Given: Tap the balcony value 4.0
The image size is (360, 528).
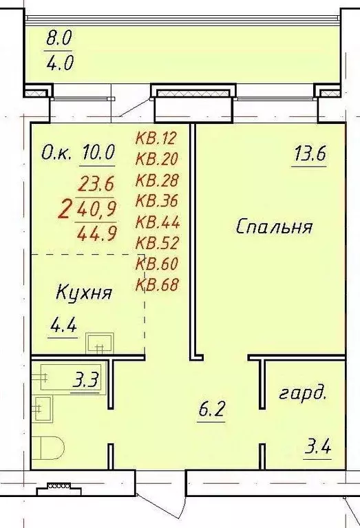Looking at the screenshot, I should coord(60,64).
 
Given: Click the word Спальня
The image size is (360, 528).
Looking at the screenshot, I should coord(274,226).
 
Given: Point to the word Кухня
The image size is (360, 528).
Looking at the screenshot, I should coord(83,293).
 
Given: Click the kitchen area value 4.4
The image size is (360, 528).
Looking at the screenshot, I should coord(63,326).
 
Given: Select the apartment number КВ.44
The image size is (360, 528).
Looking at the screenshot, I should coord(156,222).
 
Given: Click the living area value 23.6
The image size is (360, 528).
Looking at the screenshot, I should coord(97,183).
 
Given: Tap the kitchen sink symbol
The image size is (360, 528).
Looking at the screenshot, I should coord(99,342).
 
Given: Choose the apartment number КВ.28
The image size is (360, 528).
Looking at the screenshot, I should coord(156,181).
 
